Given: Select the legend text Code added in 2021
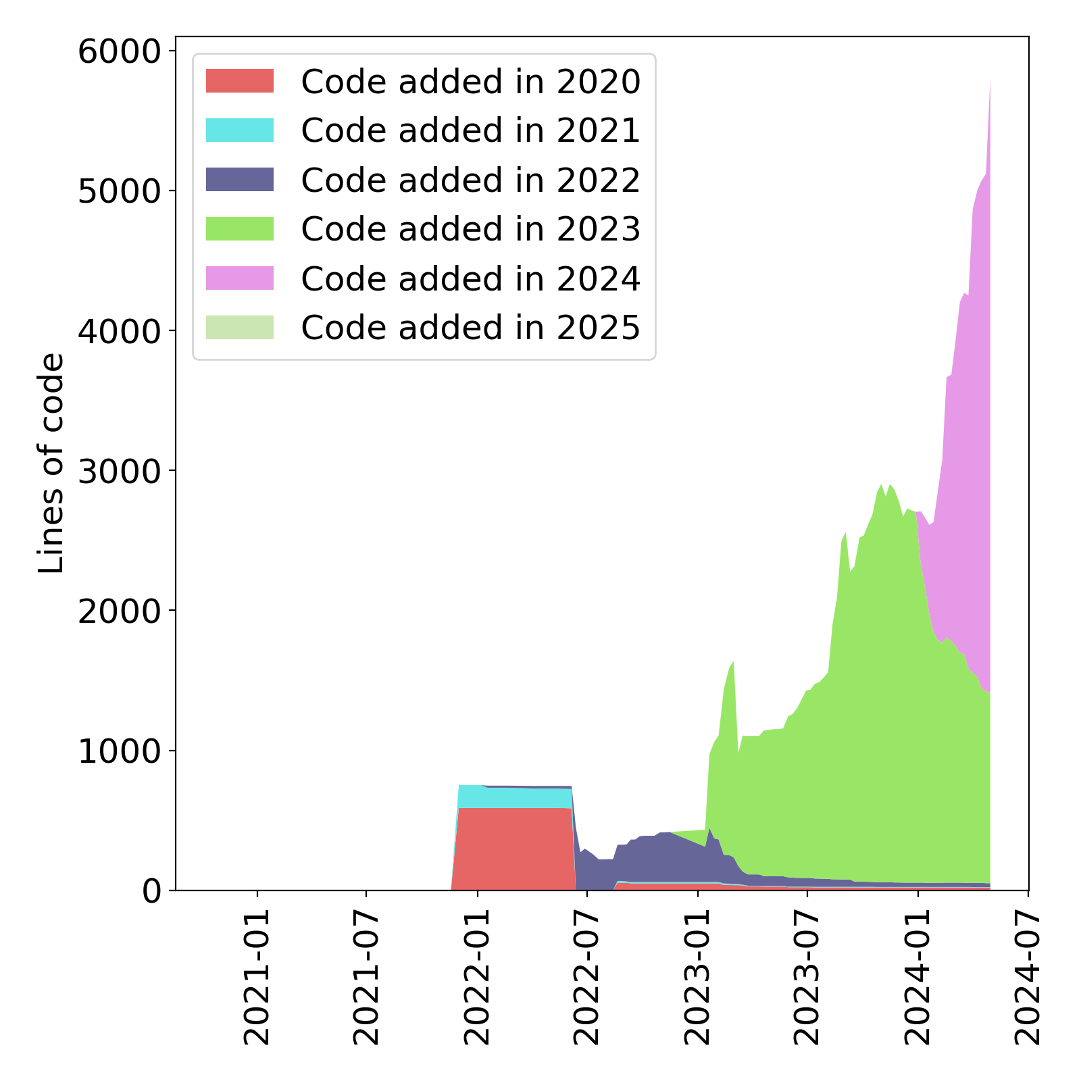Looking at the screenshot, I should (x=470, y=130).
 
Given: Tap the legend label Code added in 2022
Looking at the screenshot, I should (x=470, y=180).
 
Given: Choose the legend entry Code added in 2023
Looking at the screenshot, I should (x=470, y=229).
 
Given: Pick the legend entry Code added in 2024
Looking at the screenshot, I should (x=470, y=278).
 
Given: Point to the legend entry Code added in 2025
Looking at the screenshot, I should (x=470, y=328).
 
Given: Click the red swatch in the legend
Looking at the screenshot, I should (x=240, y=81).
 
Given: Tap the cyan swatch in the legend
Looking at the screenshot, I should (x=240, y=130).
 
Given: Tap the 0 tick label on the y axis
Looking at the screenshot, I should (x=152, y=891).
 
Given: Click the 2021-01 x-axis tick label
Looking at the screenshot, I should (x=257, y=977).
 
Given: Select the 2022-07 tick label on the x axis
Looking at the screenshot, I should (x=586, y=977).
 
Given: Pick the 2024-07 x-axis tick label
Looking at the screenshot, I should (x=1028, y=977).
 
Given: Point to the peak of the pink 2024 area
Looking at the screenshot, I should (x=990, y=81).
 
